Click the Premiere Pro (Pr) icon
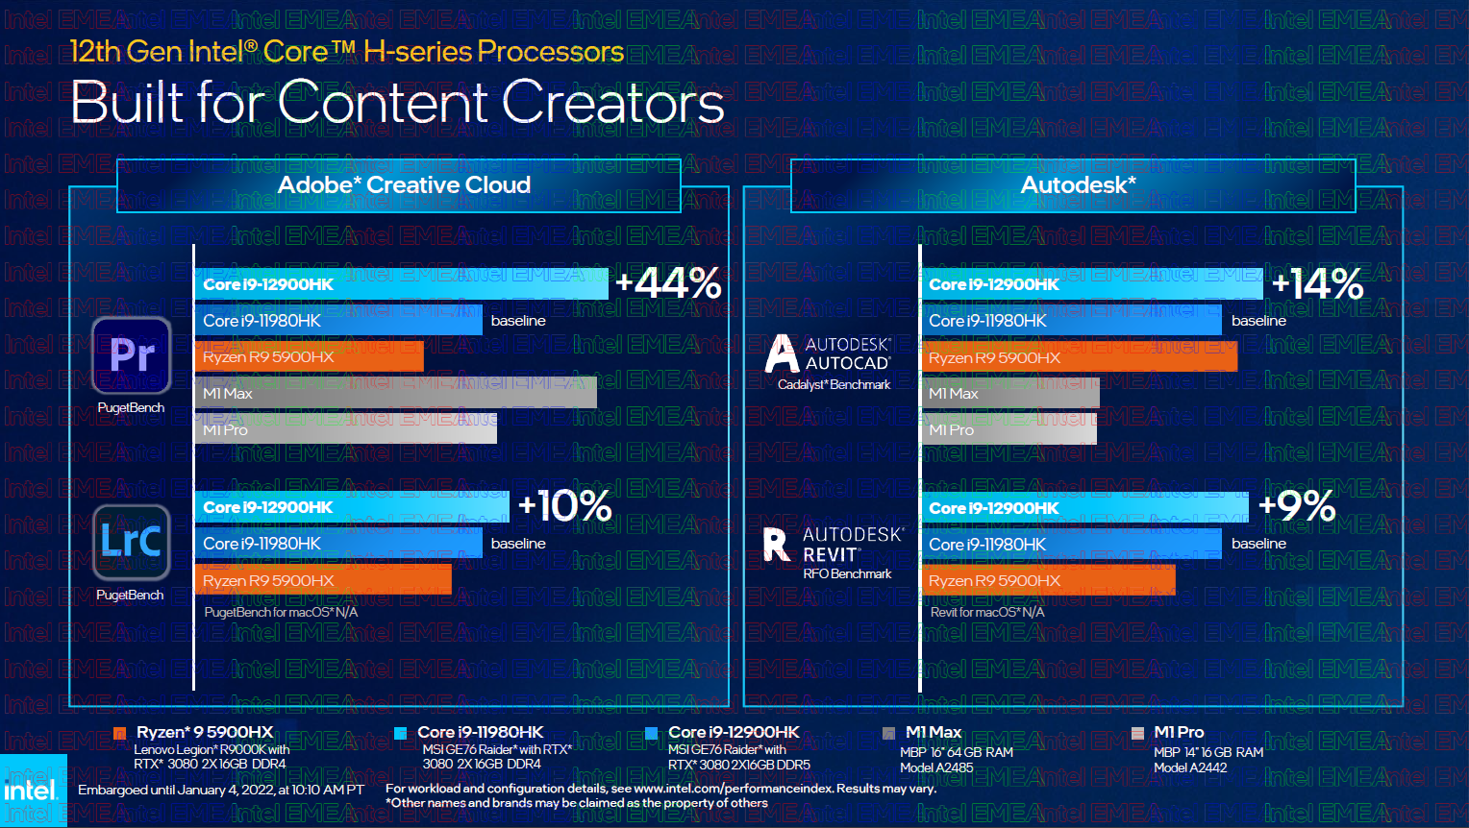click(x=132, y=355)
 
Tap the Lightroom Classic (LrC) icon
click(x=132, y=542)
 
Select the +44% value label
click(x=668, y=283)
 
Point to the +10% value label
click(x=564, y=506)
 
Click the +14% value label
click(x=1317, y=283)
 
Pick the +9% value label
click(x=1297, y=506)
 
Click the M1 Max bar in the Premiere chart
click(x=395, y=393)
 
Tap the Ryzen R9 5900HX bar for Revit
click(x=1048, y=580)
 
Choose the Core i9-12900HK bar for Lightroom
click(x=352, y=506)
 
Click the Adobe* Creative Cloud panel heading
click(x=404, y=184)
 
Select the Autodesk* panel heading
click(x=1078, y=184)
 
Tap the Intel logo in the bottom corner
click(x=32, y=791)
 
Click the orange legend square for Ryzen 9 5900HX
click(x=120, y=733)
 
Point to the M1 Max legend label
click(x=933, y=732)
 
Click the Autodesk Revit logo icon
click(x=776, y=544)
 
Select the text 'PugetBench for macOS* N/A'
click(x=281, y=612)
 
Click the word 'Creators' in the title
click(x=612, y=103)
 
